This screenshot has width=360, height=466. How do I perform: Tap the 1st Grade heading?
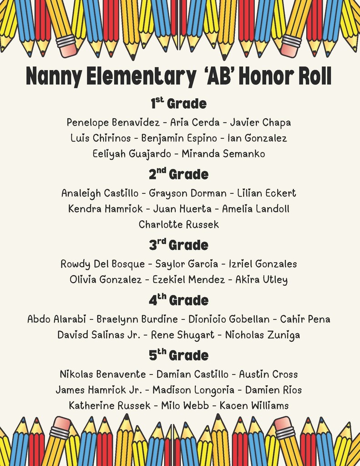[x=178, y=103]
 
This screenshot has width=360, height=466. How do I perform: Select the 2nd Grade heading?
[x=178, y=174]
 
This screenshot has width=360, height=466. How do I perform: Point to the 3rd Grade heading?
[x=178, y=245]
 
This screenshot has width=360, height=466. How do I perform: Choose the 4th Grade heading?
[x=178, y=300]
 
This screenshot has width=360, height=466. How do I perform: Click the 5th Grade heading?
[x=178, y=355]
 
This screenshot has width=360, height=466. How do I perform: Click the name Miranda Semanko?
[x=223, y=154]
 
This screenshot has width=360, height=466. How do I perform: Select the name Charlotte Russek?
[x=179, y=224]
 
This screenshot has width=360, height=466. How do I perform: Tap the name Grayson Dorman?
[x=188, y=193]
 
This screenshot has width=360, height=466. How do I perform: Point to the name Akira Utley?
[x=261, y=279]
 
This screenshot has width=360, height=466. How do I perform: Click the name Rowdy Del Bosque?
[x=102, y=264]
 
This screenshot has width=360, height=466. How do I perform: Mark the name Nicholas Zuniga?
[x=263, y=335]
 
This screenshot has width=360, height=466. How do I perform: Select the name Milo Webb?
[x=185, y=405]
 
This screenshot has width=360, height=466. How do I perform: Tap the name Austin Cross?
[x=268, y=375]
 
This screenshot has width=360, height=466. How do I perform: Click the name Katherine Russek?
[x=109, y=405]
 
